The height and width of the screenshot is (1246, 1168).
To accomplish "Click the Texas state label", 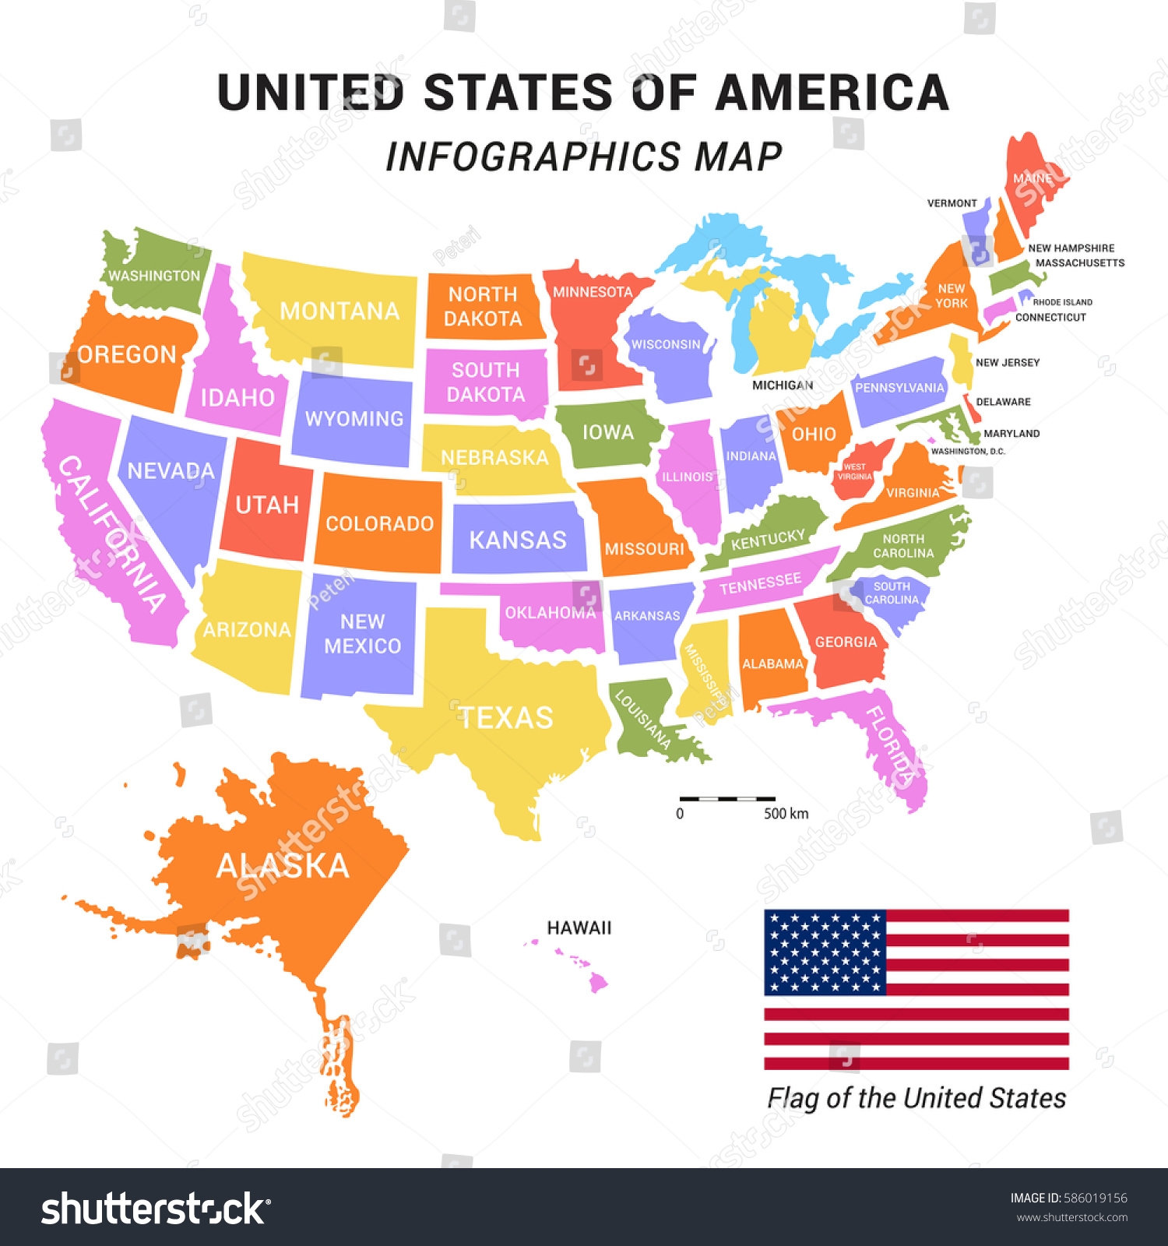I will (x=506, y=717).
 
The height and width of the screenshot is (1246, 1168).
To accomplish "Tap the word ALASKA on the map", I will (x=283, y=865).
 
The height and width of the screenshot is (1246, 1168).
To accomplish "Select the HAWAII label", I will (x=579, y=927).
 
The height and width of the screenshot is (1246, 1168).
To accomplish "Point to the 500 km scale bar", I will (x=727, y=799).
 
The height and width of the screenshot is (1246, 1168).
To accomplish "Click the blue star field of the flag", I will (x=825, y=952).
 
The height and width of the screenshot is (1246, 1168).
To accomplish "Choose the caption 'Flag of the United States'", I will (x=916, y=1098).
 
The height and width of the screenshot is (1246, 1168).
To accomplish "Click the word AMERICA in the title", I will (x=832, y=93).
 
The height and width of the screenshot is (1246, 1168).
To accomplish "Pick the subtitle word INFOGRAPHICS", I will (x=533, y=157).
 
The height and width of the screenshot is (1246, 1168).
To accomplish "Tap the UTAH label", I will (x=267, y=505).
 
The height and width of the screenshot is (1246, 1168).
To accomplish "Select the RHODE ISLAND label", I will (x=1062, y=302).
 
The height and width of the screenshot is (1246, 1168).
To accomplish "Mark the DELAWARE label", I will (x=1003, y=402).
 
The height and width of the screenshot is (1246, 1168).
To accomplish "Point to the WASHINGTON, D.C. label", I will (x=968, y=451).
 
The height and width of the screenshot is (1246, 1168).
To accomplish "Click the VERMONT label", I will (x=952, y=203).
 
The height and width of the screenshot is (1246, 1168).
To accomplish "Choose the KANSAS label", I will (x=518, y=540).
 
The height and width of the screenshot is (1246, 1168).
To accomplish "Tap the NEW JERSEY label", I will (x=1008, y=362).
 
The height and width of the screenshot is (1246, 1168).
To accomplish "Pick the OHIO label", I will (x=814, y=434).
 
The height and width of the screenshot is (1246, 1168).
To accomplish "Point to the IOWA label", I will (x=608, y=432).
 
